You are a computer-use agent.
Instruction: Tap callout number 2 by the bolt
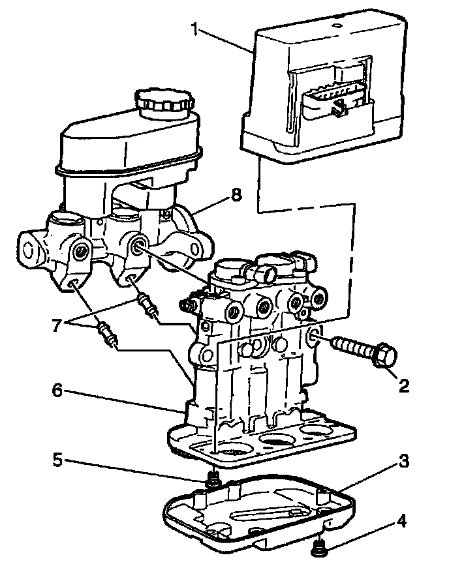point(404,385)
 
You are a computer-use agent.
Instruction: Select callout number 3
point(404,462)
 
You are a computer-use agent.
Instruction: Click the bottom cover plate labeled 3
point(261,515)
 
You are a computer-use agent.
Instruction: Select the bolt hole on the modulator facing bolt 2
point(313,337)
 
